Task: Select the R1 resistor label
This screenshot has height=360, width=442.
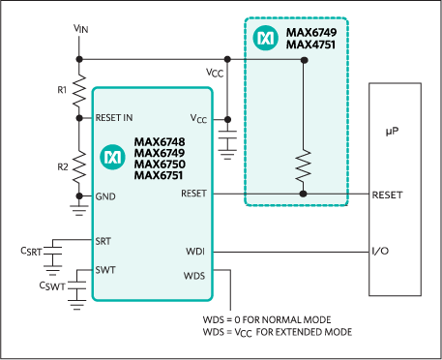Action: pos(61,89)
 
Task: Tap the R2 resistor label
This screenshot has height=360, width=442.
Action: pos(61,166)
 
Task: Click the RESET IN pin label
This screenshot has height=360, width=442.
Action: pos(115,118)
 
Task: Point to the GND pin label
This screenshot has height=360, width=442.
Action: pos(105,195)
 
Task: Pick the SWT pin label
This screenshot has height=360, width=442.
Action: pos(104,269)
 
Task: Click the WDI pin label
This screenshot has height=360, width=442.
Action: pos(194,253)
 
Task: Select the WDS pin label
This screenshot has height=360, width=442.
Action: pos(194,276)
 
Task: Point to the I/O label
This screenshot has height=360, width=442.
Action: pos(380,253)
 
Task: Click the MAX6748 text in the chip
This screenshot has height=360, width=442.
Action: pos(160,141)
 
